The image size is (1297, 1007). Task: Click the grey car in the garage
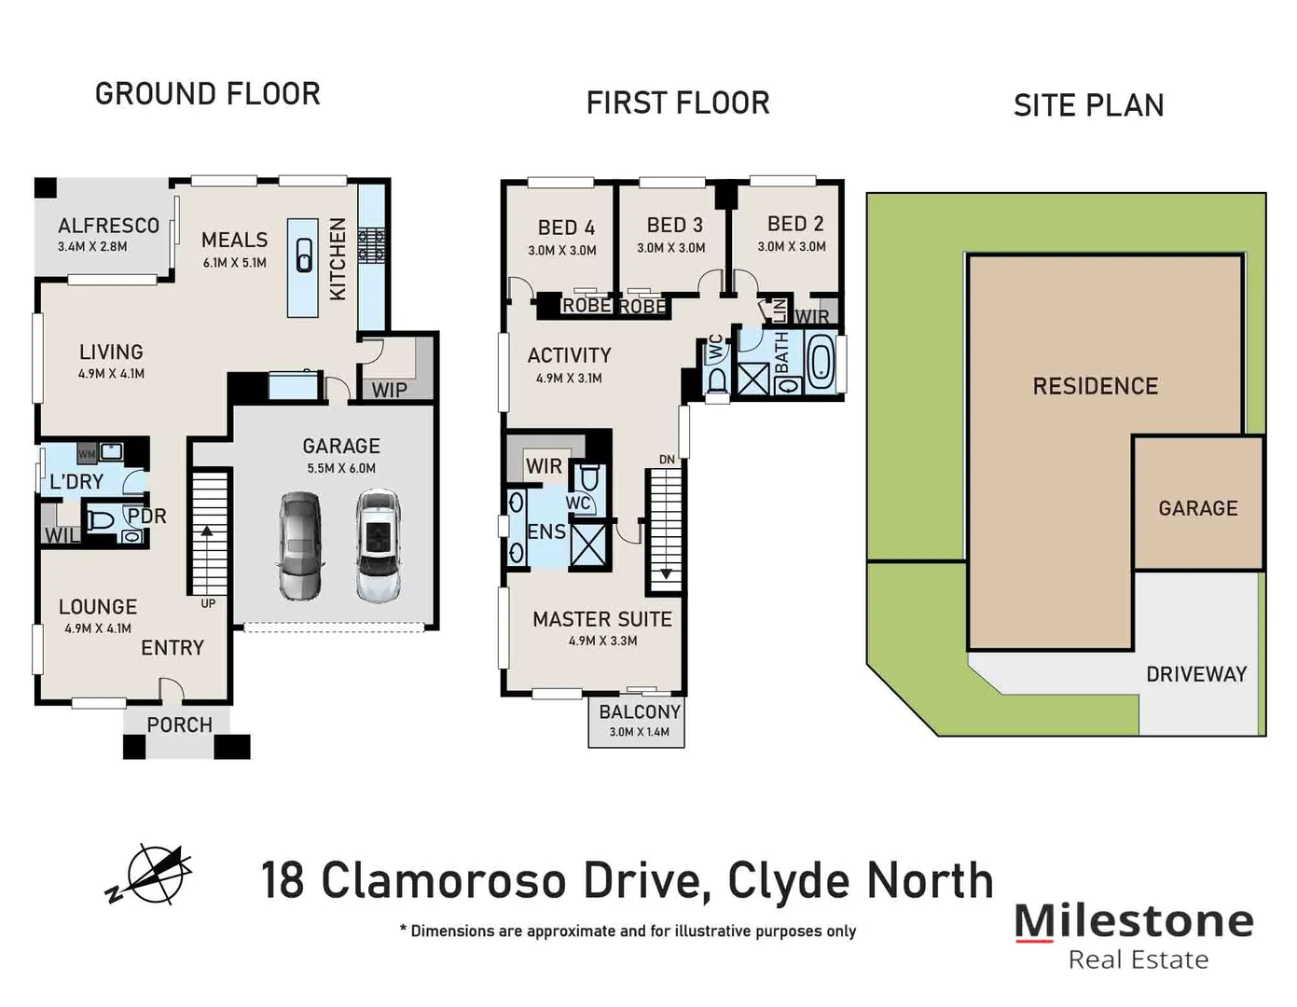(300, 545)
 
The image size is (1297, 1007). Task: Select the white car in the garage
(379, 545)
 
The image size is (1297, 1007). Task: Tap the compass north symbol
(149, 874)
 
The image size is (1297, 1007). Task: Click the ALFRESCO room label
(108, 226)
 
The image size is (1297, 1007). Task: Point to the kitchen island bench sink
(304, 255)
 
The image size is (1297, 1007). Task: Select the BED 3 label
(674, 226)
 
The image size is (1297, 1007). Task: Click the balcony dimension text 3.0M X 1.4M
(639, 732)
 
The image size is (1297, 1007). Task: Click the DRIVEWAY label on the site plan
(1196, 674)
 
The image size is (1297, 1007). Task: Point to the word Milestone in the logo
(1133, 920)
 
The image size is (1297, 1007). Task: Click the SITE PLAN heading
(1088, 106)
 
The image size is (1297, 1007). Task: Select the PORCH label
(179, 724)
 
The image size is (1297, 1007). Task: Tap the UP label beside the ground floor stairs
(208, 603)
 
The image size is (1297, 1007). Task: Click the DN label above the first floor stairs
(667, 459)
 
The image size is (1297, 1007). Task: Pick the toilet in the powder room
(102, 520)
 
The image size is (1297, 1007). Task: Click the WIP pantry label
(389, 390)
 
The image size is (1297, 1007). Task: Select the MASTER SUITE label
(601, 619)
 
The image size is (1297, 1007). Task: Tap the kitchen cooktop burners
(372, 246)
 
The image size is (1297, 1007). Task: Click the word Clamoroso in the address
(443, 881)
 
